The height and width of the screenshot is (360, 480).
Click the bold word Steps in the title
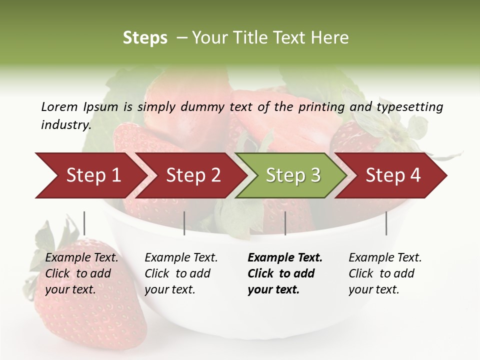click(145, 38)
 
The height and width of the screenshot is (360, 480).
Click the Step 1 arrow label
click(93, 175)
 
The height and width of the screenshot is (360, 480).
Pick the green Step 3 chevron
click(293, 175)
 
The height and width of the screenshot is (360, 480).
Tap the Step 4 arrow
click(393, 175)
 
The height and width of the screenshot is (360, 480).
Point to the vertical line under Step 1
click(84, 223)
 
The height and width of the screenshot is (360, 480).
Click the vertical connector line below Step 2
click(184, 223)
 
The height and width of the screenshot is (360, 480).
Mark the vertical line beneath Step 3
click(285, 223)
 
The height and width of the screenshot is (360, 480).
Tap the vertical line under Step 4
click(386, 223)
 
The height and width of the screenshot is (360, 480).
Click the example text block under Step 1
click(81, 273)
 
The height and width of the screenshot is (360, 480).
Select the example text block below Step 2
click(180, 273)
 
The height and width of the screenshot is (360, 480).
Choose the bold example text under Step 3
click(284, 273)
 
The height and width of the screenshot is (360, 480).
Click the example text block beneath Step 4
click(384, 273)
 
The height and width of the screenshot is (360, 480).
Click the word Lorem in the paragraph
click(59, 106)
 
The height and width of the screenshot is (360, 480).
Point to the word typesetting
click(409, 107)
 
